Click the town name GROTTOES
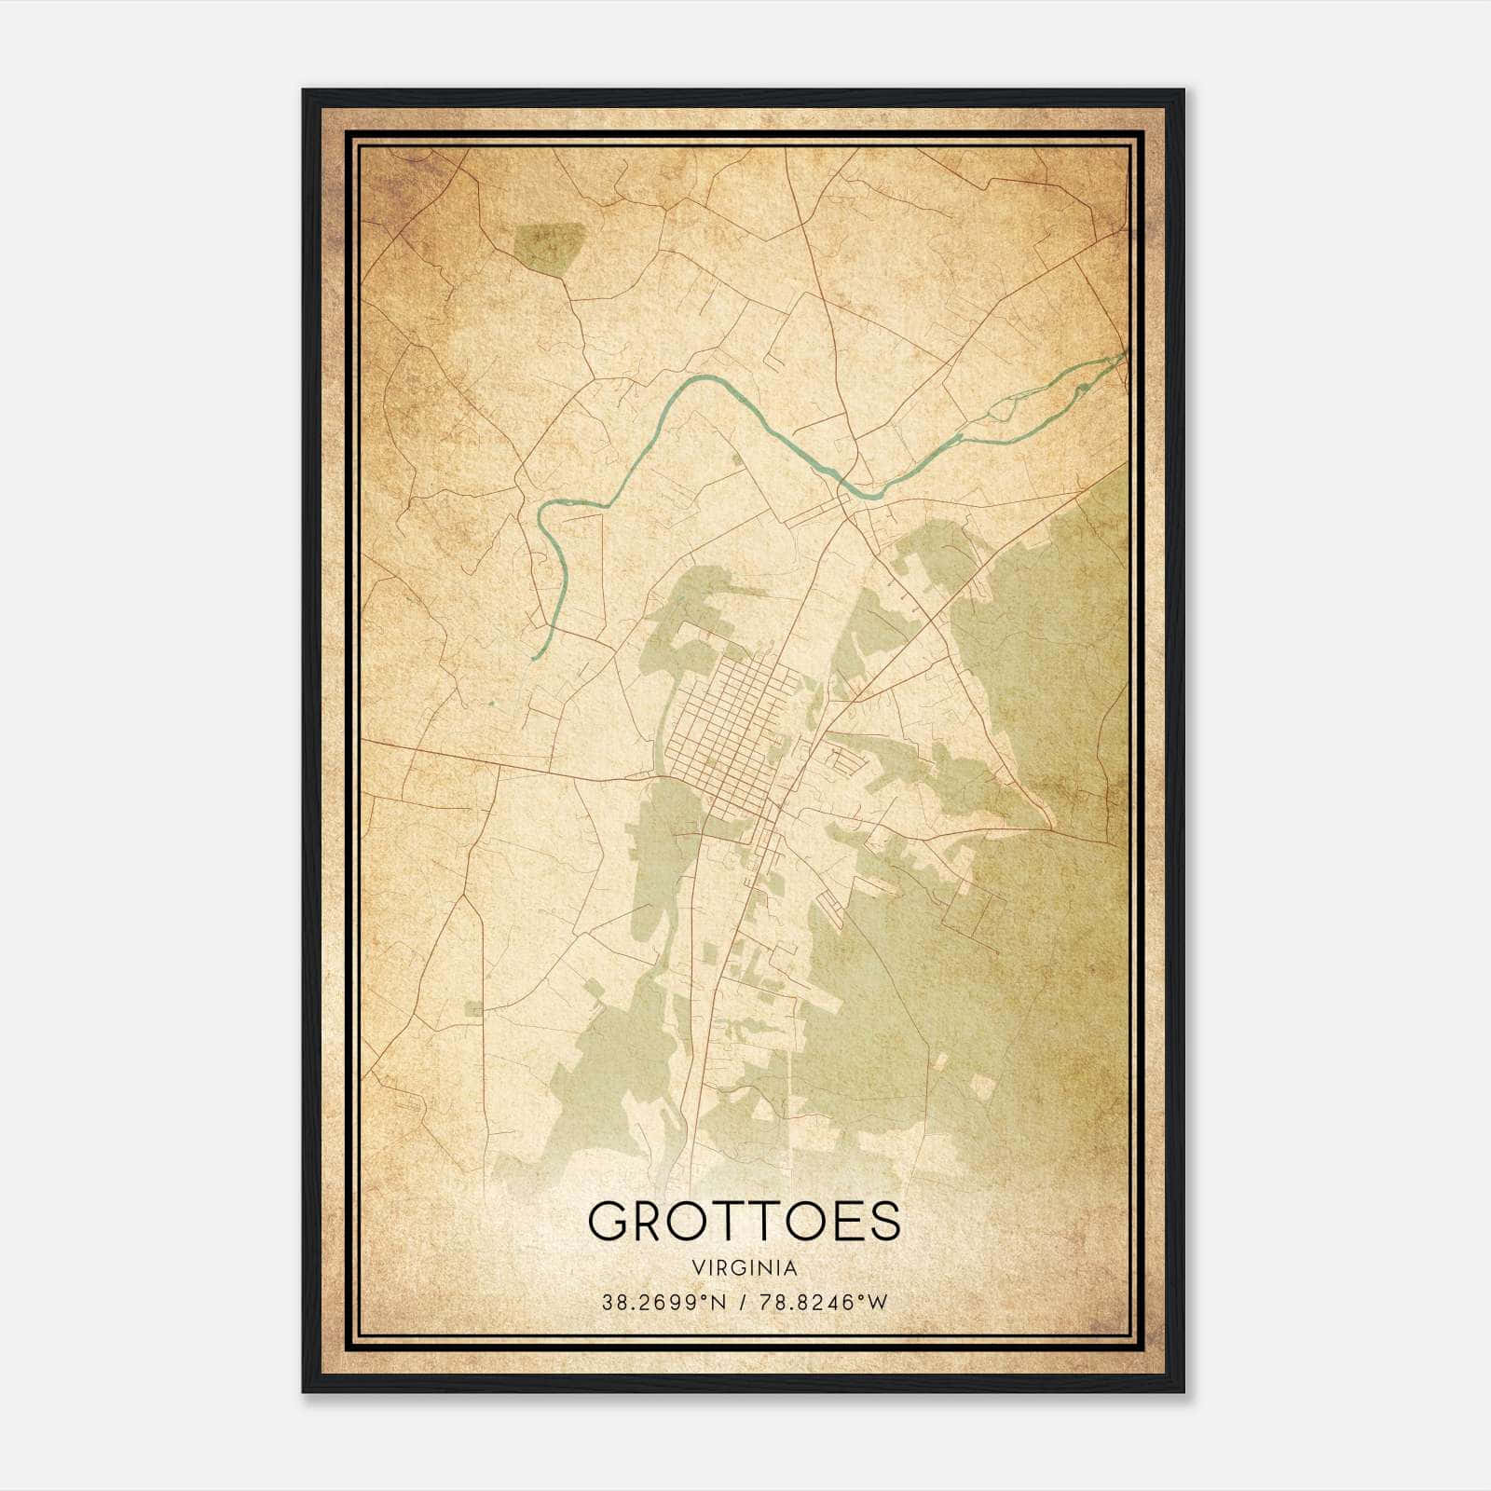[x=745, y=1222]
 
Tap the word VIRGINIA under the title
[x=745, y=1267]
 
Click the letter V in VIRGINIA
[x=698, y=1267]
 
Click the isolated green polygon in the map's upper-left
[x=548, y=245]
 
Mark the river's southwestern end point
[x=534, y=658]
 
